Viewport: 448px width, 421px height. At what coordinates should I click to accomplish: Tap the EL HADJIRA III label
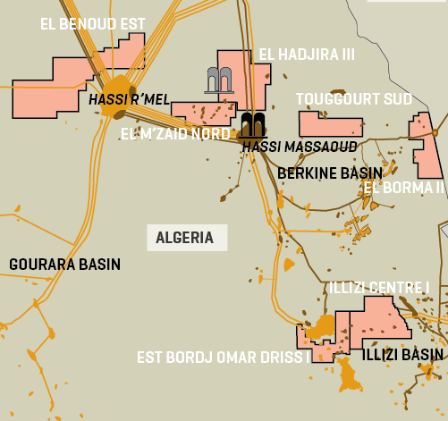tap(307, 55)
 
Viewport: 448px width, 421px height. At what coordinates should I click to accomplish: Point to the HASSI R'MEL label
tap(129, 98)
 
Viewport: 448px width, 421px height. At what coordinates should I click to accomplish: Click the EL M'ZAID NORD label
tap(174, 134)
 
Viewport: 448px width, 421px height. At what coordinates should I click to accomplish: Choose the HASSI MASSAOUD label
tap(299, 146)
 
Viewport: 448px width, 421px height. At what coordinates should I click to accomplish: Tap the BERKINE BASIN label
tap(330, 173)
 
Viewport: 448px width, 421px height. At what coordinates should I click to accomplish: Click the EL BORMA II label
tap(403, 188)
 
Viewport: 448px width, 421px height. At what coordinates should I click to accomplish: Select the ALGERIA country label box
tap(185, 238)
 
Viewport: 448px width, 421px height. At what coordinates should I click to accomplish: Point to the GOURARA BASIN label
tap(64, 265)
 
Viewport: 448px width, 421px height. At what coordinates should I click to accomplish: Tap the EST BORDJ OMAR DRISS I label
tap(223, 357)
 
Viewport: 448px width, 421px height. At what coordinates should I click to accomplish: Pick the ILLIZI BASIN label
tap(402, 355)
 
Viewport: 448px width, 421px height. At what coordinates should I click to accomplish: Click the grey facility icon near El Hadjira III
tap(219, 80)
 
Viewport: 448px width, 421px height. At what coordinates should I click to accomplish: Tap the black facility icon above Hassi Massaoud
tap(252, 123)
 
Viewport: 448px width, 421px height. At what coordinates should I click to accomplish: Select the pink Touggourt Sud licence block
tap(329, 123)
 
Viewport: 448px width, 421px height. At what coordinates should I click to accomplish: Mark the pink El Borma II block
tap(425, 143)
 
